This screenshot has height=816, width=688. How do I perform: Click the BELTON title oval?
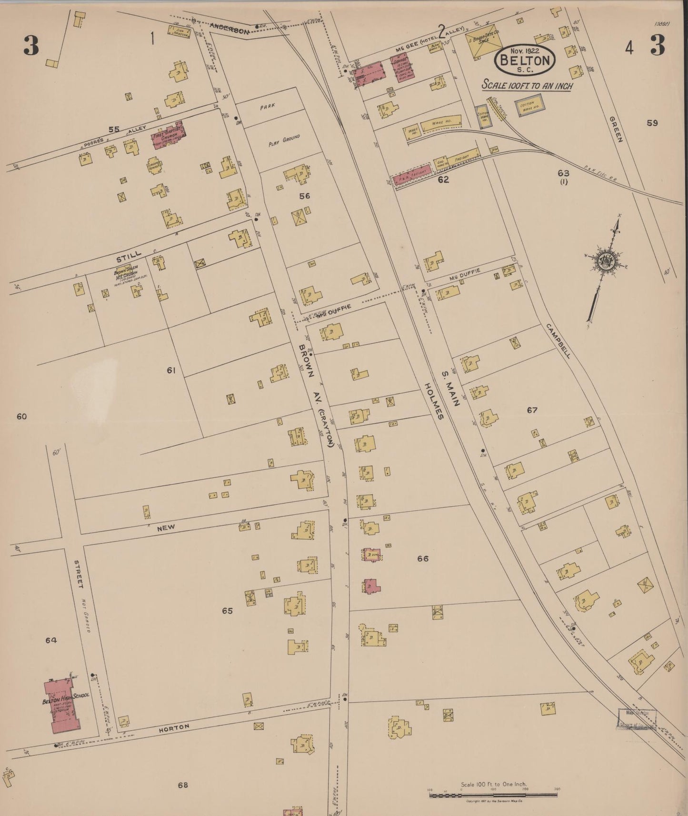[525, 60]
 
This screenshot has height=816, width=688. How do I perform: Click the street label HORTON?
[174, 727]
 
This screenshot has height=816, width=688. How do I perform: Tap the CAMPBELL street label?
[558, 340]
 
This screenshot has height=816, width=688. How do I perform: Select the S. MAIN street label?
[449, 389]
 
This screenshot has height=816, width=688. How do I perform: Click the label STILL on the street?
[129, 257]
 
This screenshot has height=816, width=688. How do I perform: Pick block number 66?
[422, 558]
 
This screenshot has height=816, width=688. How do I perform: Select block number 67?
[532, 410]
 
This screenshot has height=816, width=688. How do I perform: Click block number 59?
[652, 123]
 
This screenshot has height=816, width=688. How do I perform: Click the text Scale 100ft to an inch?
[527, 86]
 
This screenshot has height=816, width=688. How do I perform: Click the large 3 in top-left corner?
[31, 46]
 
